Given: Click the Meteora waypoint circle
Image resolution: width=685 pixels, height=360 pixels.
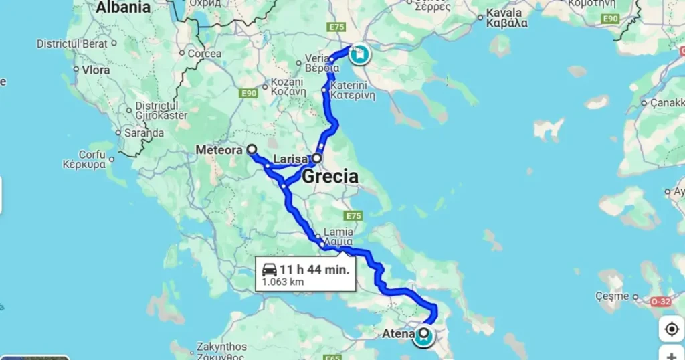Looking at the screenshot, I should pyautogui.click(x=252, y=150).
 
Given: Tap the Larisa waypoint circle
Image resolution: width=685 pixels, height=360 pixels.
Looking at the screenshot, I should pyautogui.click(x=317, y=159).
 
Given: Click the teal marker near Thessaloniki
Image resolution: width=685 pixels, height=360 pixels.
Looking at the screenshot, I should pyautogui.click(x=360, y=53).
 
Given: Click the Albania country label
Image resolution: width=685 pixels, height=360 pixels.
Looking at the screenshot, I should pyautogui.click(x=123, y=8).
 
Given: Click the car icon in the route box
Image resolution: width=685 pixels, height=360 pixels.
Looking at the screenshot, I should pyautogui.click(x=270, y=270).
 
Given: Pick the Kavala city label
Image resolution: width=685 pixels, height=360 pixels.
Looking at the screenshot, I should pyautogui.click(x=506, y=17).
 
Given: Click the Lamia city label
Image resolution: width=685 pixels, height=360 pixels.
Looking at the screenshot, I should pyautogui.click(x=338, y=236).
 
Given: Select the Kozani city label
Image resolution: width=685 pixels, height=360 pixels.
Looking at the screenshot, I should pyautogui.click(x=288, y=88).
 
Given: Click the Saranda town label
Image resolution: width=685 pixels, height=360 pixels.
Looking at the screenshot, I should pyautogui.click(x=143, y=132).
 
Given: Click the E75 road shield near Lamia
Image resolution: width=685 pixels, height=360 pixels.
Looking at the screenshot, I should pyautogui.click(x=354, y=216).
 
